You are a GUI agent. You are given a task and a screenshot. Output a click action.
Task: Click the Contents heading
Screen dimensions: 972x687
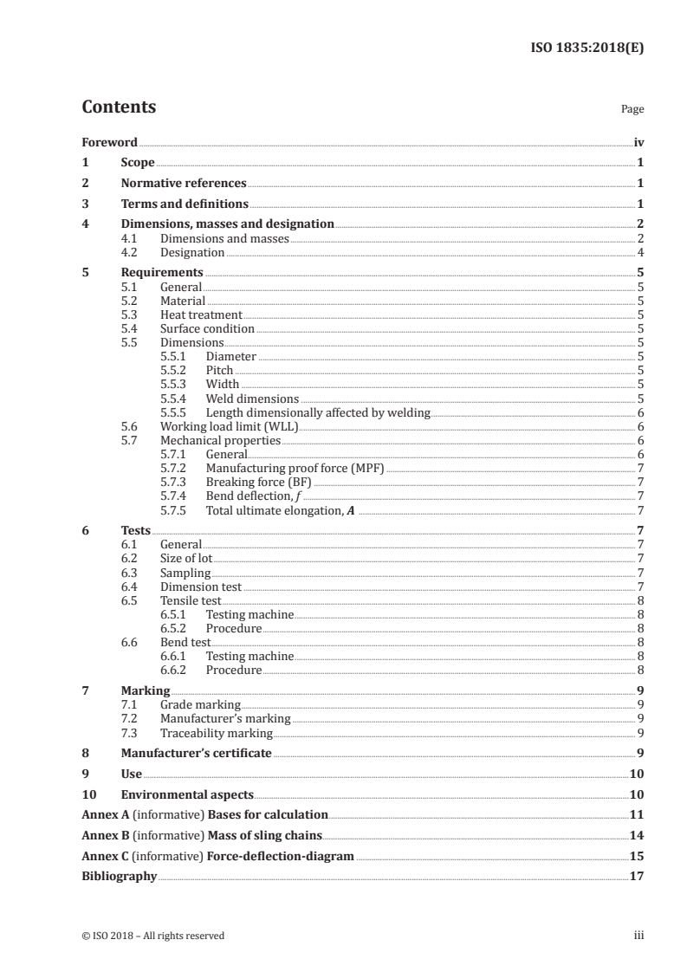pyautogui.click(x=119, y=107)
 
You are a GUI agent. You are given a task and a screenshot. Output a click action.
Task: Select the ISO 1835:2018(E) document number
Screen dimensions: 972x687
pyautogui.click(x=587, y=48)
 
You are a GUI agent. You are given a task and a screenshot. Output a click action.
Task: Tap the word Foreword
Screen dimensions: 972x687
pyautogui.click(x=109, y=142)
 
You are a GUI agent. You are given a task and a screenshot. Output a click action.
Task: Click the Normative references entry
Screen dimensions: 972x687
pyautogui.click(x=184, y=184)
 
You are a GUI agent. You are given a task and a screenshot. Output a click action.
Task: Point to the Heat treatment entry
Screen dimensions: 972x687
pyautogui.click(x=201, y=315)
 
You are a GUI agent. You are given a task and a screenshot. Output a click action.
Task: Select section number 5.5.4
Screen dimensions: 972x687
pyautogui.click(x=178, y=399)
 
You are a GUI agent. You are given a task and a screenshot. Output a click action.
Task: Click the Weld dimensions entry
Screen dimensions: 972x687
pyautogui.click(x=252, y=399)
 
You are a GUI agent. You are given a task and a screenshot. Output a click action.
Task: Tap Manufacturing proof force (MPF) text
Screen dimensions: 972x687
pyautogui.click(x=295, y=468)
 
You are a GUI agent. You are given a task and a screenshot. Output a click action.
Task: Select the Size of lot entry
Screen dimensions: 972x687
pyautogui.click(x=186, y=558)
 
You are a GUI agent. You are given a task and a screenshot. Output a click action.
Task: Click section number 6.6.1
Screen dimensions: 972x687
pyautogui.click(x=178, y=656)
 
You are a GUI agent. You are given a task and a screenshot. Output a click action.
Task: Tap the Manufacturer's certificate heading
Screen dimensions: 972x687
pyautogui.click(x=196, y=753)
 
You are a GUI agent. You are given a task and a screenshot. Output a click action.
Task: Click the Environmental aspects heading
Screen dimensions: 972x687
pyautogui.click(x=187, y=794)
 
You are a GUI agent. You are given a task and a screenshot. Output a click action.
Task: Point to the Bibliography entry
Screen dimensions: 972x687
pyautogui.click(x=119, y=876)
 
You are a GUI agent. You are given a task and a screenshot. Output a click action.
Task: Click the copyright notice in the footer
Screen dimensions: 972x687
pyautogui.click(x=152, y=936)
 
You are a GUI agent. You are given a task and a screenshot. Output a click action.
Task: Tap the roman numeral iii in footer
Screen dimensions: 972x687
pyautogui.click(x=638, y=936)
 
